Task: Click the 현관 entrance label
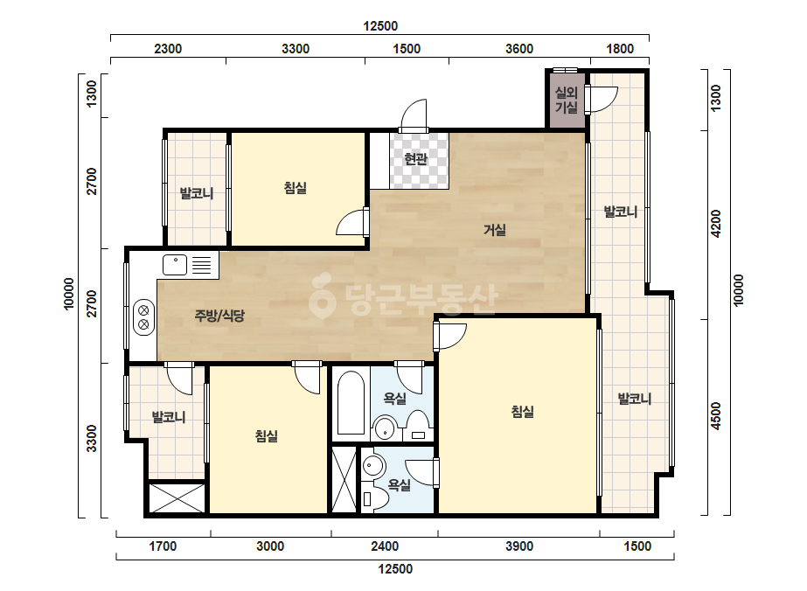(x=416, y=159)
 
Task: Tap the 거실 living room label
(x=495, y=230)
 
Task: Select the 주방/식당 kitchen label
(x=219, y=316)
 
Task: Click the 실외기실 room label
(x=567, y=100)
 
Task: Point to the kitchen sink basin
(x=175, y=265)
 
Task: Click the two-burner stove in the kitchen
(x=143, y=317)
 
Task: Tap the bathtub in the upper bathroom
(x=351, y=404)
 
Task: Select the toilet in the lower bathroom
(x=371, y=498)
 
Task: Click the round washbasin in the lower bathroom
(x=374, y=466)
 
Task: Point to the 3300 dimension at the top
(x=296, y=49)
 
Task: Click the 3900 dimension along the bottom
(x=518, y=546)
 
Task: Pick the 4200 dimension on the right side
(x=715, y=224)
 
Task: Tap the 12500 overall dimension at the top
(x=380, y=25)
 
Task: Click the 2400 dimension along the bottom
(x=385, y=546)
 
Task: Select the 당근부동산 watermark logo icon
(x=322, y=296)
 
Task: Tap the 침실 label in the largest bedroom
(x=522, y=411)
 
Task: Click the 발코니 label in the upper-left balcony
(x=196, y=193)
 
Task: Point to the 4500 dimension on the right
(x=715, y=416)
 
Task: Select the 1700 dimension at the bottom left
(x=163, y=546)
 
